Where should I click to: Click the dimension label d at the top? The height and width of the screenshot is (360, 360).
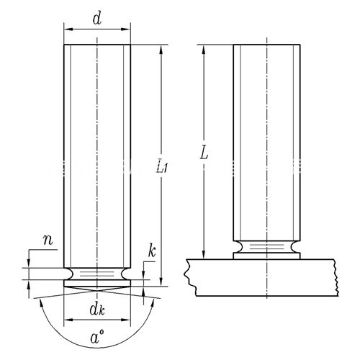click(x=97, y=19)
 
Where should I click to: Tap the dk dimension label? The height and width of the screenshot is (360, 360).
click(x=97, y=310)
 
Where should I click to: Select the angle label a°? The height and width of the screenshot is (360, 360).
click(x=97, y=336)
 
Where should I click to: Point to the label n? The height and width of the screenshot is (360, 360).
click(x=48, y=240)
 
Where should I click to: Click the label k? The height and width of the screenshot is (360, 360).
click(x=152, y=251)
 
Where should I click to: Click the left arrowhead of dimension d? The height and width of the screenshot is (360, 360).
click(x=68, y=30)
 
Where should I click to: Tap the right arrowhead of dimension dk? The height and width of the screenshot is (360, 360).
click(x=126, y=320)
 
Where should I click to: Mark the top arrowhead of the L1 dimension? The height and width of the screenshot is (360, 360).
click(x=161, y=49)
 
